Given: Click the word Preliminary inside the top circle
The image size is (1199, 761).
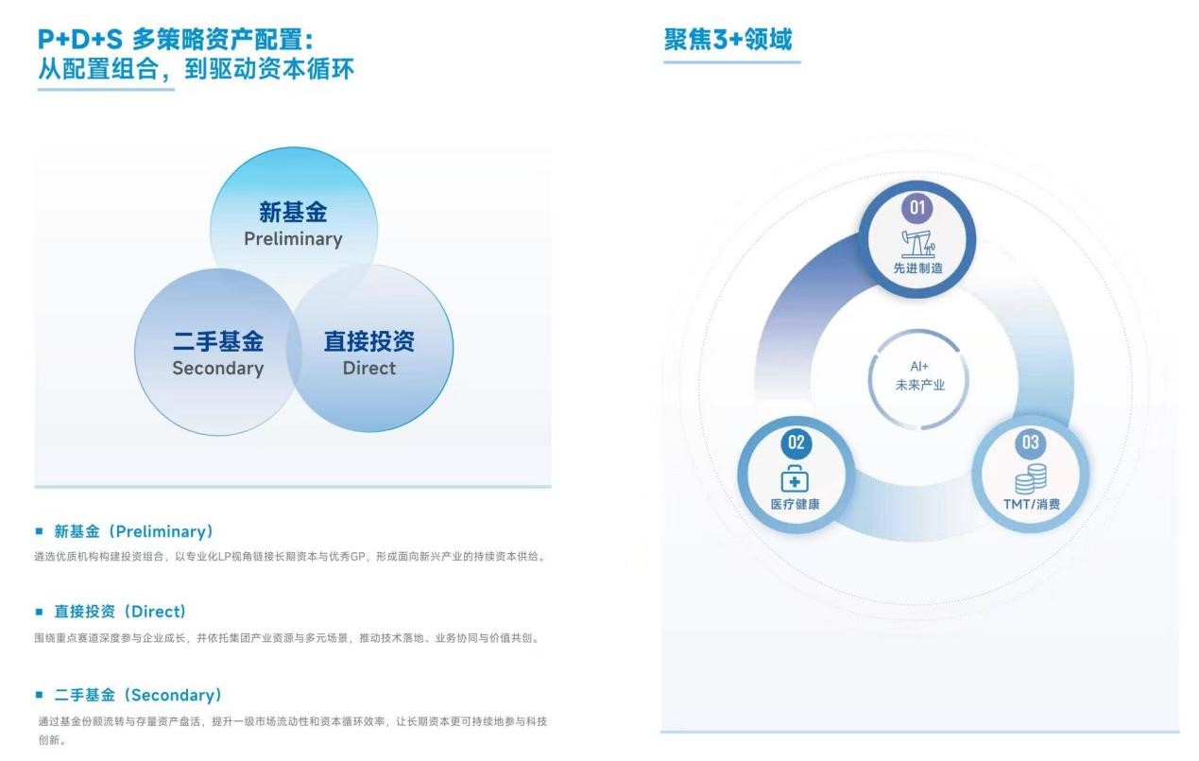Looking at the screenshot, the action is [x=293, y=239].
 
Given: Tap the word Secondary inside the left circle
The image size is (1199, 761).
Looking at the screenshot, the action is [x=218, y=369].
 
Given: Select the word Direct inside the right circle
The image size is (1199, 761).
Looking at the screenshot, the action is [x=369, y=368].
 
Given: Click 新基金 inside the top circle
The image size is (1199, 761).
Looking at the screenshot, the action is [x=293, y=212].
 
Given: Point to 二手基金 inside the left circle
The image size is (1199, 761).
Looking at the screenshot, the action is [x=218, y=341].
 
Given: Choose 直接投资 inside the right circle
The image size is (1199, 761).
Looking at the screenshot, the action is [x=369, y=341].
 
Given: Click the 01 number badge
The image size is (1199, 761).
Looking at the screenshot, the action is [x=917, y=208].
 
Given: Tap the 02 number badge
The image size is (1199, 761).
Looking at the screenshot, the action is [x=796, y=442].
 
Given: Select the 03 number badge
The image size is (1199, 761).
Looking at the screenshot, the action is [x=1031, y=442].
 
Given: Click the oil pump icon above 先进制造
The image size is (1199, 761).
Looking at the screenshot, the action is [x=918, y=244].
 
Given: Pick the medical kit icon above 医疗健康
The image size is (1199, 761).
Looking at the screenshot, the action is [x=795, y=478].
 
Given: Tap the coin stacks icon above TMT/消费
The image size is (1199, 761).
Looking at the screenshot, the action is [x=1031, y=478].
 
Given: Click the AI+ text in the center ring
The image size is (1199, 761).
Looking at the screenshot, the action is [x=919, y=366].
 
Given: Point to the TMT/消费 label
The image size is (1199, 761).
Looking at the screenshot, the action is [x=1032, y=505].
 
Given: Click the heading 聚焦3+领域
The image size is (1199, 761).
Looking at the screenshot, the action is [x=728, y=40].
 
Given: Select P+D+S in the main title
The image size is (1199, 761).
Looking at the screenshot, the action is [x=80, y=40].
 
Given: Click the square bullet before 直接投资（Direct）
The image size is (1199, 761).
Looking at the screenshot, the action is [x=39, y=612].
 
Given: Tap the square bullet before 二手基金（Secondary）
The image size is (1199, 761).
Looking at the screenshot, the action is [x=39, y=695].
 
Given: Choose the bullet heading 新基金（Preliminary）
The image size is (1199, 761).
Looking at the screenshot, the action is [x=134, y=531].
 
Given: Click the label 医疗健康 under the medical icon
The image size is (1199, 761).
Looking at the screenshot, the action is [x=795, y=505].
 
